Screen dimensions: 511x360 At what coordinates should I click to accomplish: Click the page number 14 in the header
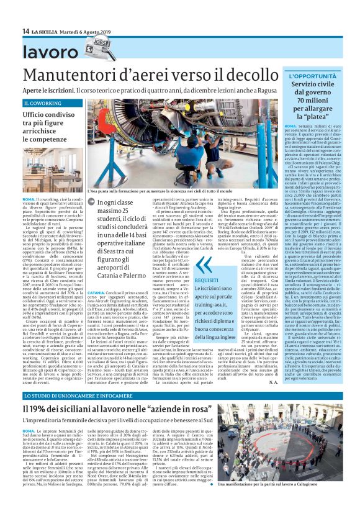click(x=26, y=31)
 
